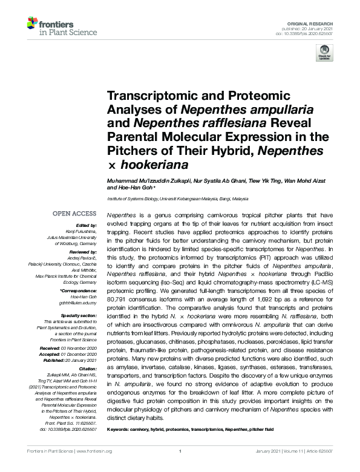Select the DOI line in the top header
[x=309, y=32]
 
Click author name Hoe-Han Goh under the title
[x=138, y=188]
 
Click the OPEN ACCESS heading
[x=74, y=214]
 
